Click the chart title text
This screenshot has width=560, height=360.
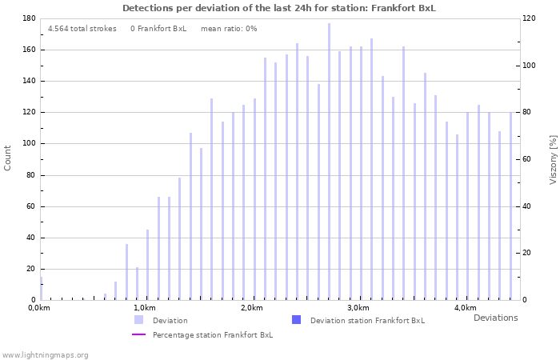[x=279, y=8]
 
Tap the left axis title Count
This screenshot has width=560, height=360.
[x=8, y=158]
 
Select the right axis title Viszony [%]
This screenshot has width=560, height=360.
[x=552, y=159]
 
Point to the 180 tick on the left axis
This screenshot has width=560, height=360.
[x=28, y=18]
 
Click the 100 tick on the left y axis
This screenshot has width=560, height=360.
[x=28, y=144]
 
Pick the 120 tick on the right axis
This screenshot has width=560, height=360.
[x=528, y=18]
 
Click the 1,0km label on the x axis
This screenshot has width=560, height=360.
[x=144, y=308]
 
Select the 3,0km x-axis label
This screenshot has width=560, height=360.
[x=358, y=308]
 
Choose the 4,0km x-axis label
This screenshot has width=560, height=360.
[x=465, y=308]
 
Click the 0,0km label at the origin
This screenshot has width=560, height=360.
[x=39, y=308]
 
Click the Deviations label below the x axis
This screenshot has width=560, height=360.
[x=495, y=318]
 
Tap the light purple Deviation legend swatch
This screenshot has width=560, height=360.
[x=138, y=320]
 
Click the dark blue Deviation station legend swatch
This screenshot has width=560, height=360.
[x=297, y=320]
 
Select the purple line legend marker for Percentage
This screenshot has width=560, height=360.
[x=138, y=334]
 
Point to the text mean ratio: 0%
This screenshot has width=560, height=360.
[x=229, y=28]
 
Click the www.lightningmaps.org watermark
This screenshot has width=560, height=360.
[x=46, y=354]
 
